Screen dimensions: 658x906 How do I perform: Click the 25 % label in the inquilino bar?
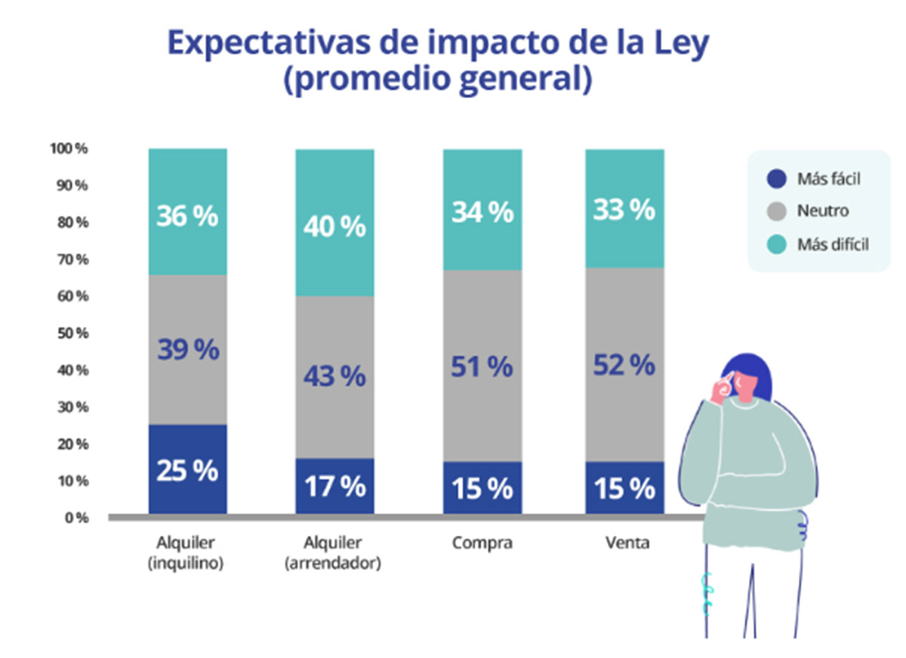tap(187, 470)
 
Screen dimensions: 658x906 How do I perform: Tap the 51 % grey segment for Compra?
tap(482, 367)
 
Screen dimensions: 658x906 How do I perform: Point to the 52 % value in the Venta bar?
tap(624, 366)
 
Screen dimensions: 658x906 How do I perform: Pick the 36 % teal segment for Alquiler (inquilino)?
tap(187, 216)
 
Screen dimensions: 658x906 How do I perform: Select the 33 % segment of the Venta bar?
tap(624, 211)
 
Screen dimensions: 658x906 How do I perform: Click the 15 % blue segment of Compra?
tap(482, 488)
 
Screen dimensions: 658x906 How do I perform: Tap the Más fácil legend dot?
tap(776, 179)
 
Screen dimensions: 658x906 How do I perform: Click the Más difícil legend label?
tap(833, 244)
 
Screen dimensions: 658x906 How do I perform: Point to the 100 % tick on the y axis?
tap(69, 149)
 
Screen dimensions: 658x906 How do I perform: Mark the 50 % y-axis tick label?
tap(71, 333)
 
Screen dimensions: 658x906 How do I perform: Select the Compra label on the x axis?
tap(482, 543)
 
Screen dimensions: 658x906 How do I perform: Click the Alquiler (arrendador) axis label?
tap(333, 553)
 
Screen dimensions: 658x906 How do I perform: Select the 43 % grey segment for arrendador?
tap(334, 375)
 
